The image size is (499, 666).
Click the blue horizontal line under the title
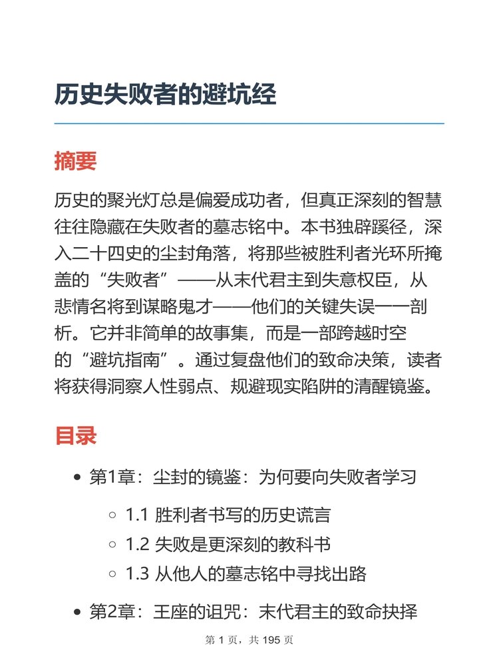tap(249, 124)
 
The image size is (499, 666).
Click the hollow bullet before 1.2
tap(112, 545)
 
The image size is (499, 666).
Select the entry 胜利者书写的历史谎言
tap(243, 515)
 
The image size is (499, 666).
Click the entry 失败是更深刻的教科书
tap(243, 544)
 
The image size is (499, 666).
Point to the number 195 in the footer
tap(273, 641)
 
